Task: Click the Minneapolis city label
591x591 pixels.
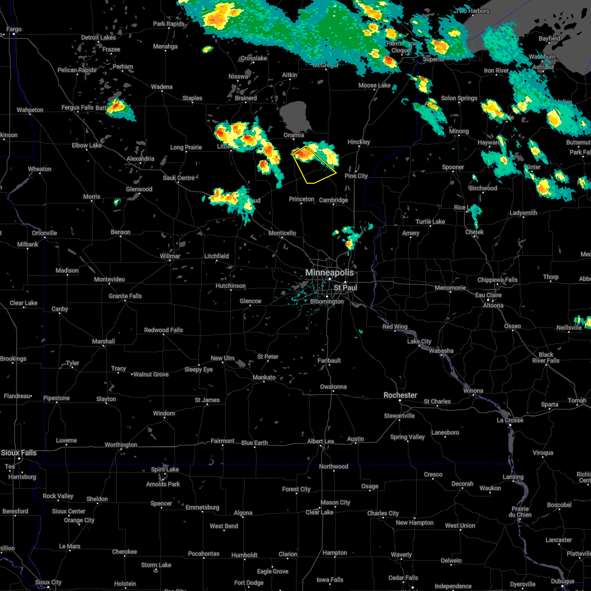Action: tap(329, 272)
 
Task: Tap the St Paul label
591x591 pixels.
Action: tap(345, 288)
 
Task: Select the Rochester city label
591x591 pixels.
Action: tap(400, 395)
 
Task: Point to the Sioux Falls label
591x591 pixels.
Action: tap(19, 453)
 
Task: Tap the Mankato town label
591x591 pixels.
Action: tap(264, 378)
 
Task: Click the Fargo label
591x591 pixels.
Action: tap(14, 30)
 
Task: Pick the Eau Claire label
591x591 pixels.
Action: tap(488, 295)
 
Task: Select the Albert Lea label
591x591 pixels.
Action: tap(321, 441)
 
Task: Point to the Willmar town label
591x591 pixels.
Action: tap(170, 256)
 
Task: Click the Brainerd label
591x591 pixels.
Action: tap(246, 98)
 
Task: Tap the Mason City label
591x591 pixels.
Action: tap(335, 502)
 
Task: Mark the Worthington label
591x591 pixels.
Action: tap(121, 445)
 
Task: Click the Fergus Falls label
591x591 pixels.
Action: tap(78, 107)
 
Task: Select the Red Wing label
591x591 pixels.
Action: tap(395, 327)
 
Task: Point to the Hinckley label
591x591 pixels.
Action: tap(359, 142)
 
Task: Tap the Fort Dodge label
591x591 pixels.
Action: tap(249, 583)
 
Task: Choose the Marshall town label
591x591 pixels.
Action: tap(103, 341)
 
